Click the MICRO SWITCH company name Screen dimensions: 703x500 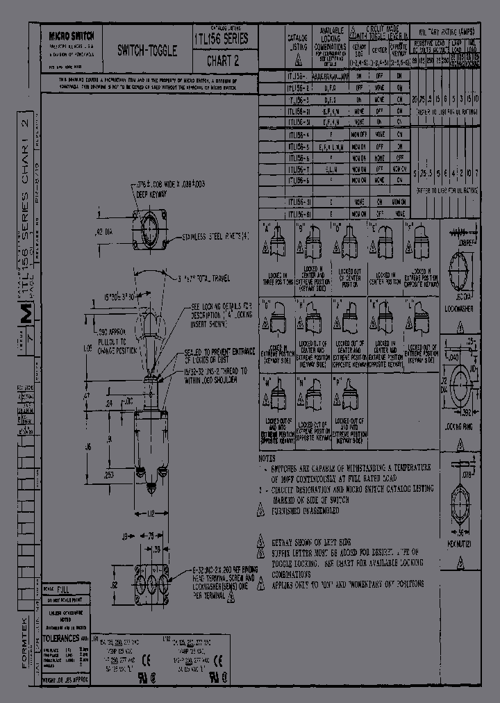(x=72, y=35)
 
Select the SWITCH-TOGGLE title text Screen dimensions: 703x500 (x=147, y=51)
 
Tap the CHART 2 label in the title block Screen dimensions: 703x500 (x=223, y=60)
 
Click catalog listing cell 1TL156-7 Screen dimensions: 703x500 (x=299, y=168)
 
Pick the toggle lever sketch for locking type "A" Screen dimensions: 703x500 (x=276, y=241)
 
